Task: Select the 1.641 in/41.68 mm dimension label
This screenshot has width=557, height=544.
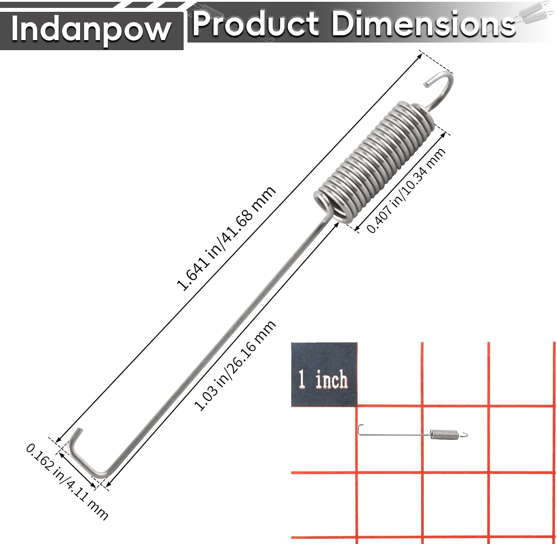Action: point(226,238)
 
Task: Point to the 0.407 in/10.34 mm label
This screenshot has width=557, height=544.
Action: point(406,190)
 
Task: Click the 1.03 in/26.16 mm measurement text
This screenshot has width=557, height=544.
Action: point(235,365)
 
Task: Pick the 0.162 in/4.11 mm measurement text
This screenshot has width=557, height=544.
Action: point(67,482)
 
